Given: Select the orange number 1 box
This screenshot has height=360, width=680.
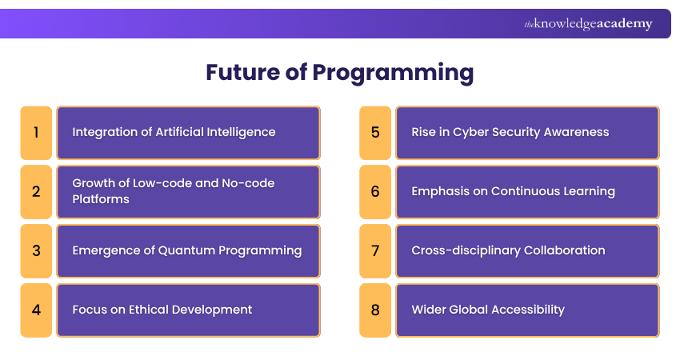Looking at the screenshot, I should click(36, 132).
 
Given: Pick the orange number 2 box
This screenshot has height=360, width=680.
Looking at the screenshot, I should click(36, 191).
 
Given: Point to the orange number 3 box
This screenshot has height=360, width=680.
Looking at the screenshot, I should click(36, 250).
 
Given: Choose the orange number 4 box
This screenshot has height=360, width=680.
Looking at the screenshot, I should click(36, 310).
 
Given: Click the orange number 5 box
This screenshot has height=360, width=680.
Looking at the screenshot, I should click(375, 132).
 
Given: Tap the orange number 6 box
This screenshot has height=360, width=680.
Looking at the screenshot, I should click(375, 191).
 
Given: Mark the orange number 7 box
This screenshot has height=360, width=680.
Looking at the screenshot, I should click(375, 250).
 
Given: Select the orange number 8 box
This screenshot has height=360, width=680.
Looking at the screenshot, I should click(375, 310).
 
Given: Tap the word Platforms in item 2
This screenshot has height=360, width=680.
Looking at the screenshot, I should click(99, 198).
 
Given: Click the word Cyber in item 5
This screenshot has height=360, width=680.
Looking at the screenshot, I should click(470, 132).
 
